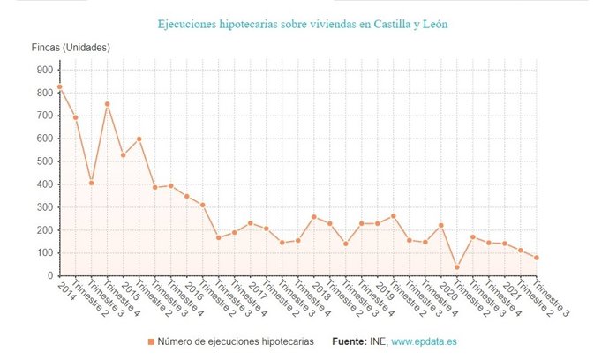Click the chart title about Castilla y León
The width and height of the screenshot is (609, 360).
[x=304, y=24]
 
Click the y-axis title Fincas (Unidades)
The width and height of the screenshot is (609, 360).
[x=71, y=47]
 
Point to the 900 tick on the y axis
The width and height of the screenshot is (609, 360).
[x=42, y=70]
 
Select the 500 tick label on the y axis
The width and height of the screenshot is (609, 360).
[x=42, y=161]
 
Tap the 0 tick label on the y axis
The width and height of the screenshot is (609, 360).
[x=49, y=276]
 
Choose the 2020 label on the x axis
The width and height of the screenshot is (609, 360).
[x=448, y=292]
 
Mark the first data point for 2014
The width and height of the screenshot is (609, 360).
[x=60, y=87]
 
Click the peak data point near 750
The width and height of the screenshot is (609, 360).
[x=108, y=104]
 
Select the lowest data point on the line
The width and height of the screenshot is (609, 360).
[x=457, y=267]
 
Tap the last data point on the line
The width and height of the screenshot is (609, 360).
[x=536, y=258]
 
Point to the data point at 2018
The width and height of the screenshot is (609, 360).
[x=313, y=217]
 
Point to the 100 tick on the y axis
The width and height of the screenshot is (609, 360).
[x=42, y=253]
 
